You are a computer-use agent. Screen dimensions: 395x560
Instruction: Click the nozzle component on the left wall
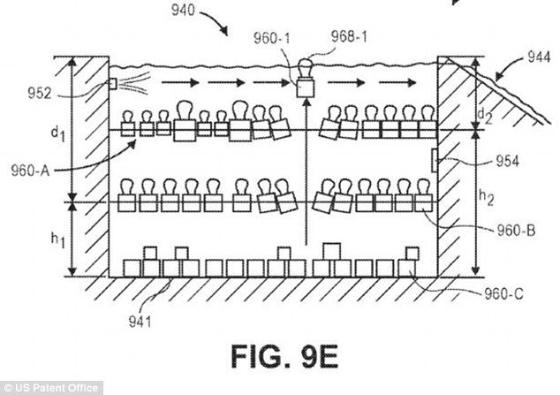pos(114,84)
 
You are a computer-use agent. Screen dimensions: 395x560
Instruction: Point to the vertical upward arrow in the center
pos(305,177)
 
